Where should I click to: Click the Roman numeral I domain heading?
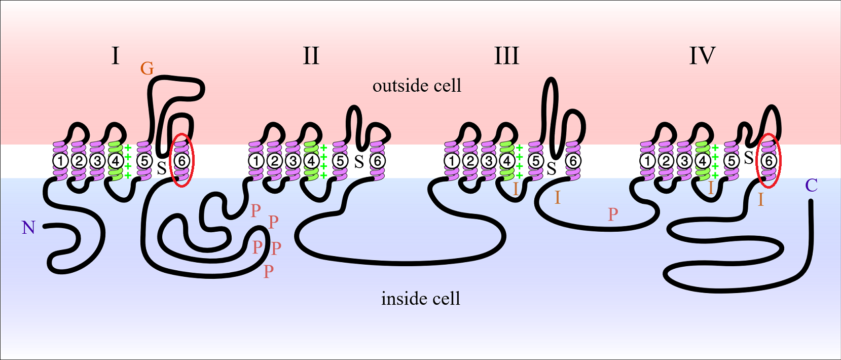[x=116, y=55]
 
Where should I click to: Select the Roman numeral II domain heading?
[x=311, y=55]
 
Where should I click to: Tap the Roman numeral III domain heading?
[x=507, y=55]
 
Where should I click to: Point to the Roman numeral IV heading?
[x=703, y=55]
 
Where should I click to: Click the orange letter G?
[x=147, y=68]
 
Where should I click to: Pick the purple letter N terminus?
[x=28, y=228]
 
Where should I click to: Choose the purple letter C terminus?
[x=811, y=186]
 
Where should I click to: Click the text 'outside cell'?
[x=417, y=86]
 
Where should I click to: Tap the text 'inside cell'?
[x=421, y=298]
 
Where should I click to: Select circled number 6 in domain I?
[x=181, y=161]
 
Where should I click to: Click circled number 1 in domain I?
[x=60, y=161]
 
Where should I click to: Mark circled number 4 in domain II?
[x=311, y=161]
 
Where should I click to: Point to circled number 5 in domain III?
[x=536, y=161]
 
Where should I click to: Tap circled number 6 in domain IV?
[x=769, y=161]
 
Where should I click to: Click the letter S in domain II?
[x=359, y=162]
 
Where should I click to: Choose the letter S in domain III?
[x=552, y=168]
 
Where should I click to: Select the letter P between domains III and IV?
[x=613, y=214]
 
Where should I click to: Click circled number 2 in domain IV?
[x=666, y=161]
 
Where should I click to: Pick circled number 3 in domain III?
[x=489, y=161]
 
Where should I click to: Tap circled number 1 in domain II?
[x=257, y=161]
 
